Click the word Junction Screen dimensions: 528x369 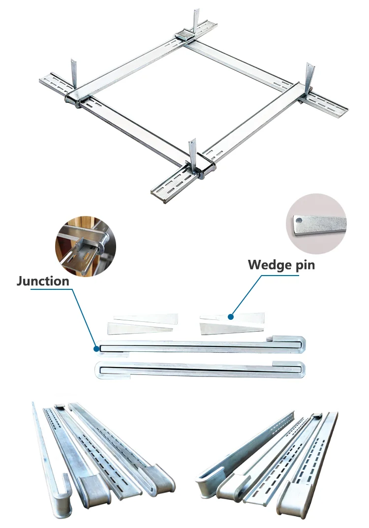tap(43, 281)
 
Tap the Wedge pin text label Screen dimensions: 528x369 tap(281, 265)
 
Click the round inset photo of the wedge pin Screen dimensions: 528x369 tap(316, 223)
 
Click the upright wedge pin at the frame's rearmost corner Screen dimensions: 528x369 tap(196, 20)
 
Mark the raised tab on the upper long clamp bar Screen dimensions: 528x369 tap(275, 339)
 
